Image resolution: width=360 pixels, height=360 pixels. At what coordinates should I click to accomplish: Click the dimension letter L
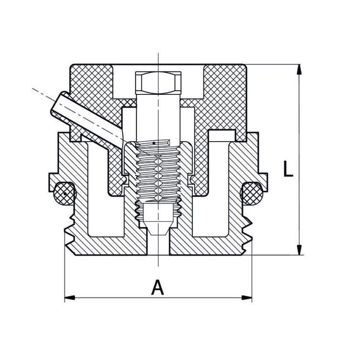click(x=287, y=169)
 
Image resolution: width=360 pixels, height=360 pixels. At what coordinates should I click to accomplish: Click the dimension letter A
click(x=158, y=288)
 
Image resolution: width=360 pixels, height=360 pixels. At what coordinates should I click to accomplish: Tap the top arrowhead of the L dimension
click(x=299, y=69)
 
